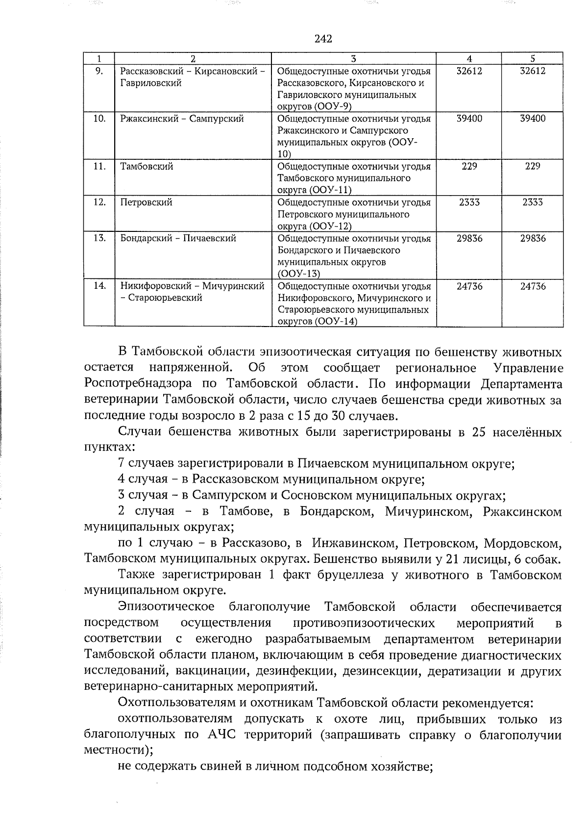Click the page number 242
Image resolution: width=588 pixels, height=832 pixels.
point(323,39)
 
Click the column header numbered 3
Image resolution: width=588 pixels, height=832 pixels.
point(353,58)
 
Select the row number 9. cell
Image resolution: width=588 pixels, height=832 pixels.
point(99,71)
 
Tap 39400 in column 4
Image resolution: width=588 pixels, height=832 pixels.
point(469,119)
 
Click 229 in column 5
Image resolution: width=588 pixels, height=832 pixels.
point(532,166)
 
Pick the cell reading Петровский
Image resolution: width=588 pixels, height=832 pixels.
point(147,202)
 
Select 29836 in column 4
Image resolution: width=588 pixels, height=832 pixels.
point(469,238)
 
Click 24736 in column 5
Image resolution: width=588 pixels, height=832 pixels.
point(533,286)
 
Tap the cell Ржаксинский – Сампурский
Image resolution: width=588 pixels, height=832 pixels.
point(182,119)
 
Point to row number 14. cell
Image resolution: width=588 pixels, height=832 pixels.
point(99,286)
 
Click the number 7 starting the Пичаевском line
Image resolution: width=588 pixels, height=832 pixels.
point(121,463)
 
